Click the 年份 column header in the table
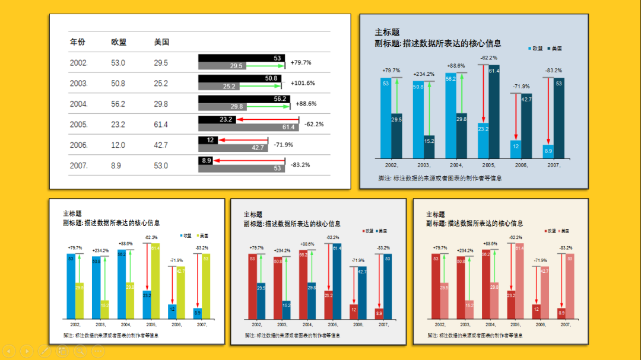point(77,42)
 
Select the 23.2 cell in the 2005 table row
point(118,125)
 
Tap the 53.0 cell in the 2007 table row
point(161,165)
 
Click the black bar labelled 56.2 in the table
point(243,98)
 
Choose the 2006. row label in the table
point(79,145)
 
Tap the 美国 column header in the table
point(161,42)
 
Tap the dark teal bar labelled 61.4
point(494,113)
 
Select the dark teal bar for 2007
point(559,119)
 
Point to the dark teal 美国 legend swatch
point(550,48)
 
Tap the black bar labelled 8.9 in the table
point(205,160)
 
